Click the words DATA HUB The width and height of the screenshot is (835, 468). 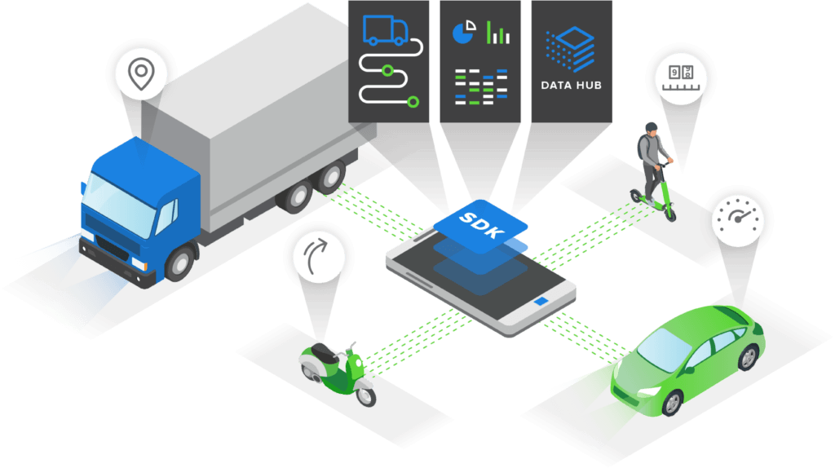pyautogui.click(x=571, y=85)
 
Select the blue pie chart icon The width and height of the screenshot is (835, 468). pyautogui.click(x=463, y=33)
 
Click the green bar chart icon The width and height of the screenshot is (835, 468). pyautogui.click(x=498, y=33)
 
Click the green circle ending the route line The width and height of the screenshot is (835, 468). pyautogui.click(x=413, y=101)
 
